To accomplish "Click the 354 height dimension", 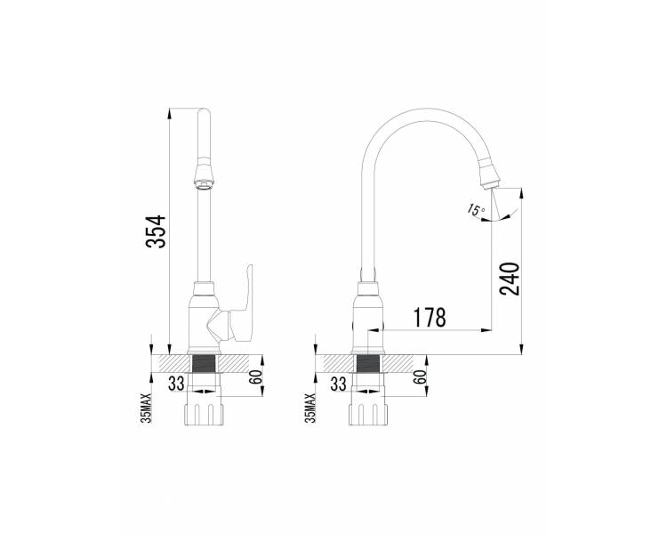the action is [x=156, y=231].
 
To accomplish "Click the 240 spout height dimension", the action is [x=510, y=279].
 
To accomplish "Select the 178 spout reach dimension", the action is [x=430, y=317].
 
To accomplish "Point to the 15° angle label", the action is [x=476, y=209].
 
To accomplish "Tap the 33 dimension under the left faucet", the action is [x=176, y=384].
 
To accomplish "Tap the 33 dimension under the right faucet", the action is [x=338, y=384].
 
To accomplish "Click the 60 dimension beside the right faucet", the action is [x=420, y=376].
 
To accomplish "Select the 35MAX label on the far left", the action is [x=147, y=408].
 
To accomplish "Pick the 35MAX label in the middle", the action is [x=311, y=408].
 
